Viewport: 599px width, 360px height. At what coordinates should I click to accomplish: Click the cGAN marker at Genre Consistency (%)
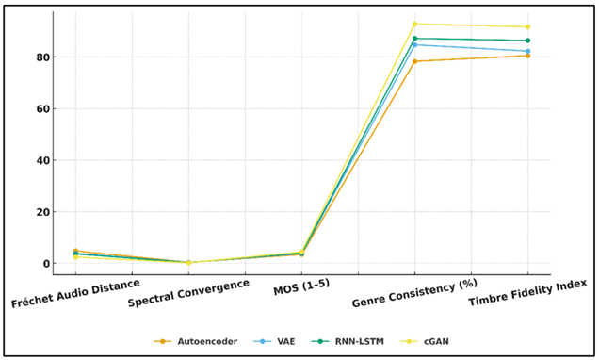click(x=414, y=25)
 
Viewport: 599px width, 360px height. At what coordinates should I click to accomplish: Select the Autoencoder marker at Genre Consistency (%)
click(x=414, y=61)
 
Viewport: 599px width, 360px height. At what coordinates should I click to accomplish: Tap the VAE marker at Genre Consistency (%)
click(x=414, y=44)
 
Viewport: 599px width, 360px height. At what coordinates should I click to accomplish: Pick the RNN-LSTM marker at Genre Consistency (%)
click(x=414, y=39)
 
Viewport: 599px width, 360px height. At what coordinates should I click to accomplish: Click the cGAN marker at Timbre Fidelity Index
click(x=527, y=26)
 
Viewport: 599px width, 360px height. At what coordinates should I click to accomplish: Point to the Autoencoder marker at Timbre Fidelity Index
click(x=527, y=56)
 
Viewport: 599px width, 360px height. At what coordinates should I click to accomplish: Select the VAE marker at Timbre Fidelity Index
click(x=527, y=51)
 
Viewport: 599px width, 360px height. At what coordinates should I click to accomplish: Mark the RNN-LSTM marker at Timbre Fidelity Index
click(x=527, y=41)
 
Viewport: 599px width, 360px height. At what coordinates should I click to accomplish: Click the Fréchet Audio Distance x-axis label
click(x=75, y=293)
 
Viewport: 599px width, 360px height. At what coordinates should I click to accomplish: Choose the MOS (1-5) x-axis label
click(x=301, y=286)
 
